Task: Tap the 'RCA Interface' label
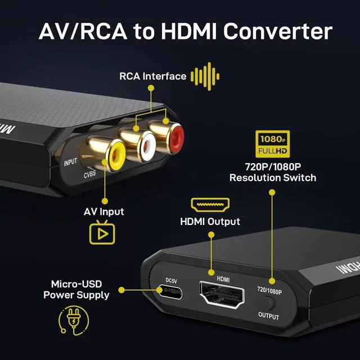click(x=151, y=76)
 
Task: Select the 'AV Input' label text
click(x=104, y=212)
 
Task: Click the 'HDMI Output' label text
click(x=210, y=222)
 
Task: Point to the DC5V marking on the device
click(x=171, y=280)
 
